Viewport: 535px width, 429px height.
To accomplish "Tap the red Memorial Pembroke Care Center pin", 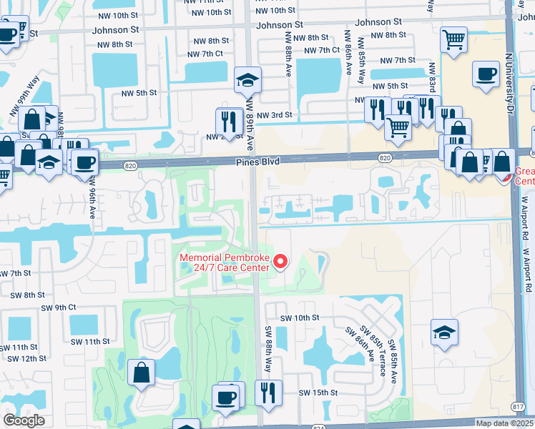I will [x=281, y=262].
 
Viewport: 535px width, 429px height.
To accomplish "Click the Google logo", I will [x=24, y=420].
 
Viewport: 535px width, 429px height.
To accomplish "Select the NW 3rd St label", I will [x=275, y=115].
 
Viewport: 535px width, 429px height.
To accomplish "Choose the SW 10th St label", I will [x=298, y=317].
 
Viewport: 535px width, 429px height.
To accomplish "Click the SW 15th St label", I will [x=318, y=393].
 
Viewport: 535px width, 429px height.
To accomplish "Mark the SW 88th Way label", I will [x=268, y=349].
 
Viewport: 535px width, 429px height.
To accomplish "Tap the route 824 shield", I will [x=318, y=427].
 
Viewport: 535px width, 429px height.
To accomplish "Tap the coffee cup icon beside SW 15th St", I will [x=227, y=397].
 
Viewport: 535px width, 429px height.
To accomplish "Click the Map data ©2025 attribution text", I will [x=504, y=423].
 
